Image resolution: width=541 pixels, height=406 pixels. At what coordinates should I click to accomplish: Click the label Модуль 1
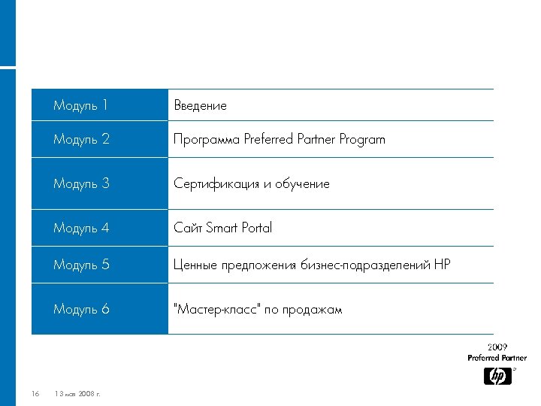point(80,106)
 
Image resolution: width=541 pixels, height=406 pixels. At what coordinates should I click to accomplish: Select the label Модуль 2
point(80,140)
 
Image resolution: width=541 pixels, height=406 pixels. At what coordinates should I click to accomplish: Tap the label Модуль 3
point(80,183)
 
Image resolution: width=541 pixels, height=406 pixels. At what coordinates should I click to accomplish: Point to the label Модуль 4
point(80,228)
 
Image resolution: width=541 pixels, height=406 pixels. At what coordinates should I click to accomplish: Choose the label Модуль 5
point(80,265)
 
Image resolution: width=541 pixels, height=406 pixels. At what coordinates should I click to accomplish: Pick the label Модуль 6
point(80,309)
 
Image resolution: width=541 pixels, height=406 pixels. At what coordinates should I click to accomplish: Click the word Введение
point(200,106)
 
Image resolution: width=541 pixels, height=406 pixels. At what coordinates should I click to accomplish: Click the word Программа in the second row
point(207,140)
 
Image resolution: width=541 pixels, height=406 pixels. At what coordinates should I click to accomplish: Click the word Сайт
point(188,228)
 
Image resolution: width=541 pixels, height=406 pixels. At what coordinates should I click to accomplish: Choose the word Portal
point(255,228)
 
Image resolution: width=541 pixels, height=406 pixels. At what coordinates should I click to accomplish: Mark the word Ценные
point(195,265)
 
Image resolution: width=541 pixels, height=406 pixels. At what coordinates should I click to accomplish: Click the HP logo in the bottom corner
point(497,376)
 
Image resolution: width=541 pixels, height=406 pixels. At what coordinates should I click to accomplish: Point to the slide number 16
point(35,394)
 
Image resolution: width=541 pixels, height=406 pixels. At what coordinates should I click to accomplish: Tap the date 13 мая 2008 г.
point(78,394)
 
